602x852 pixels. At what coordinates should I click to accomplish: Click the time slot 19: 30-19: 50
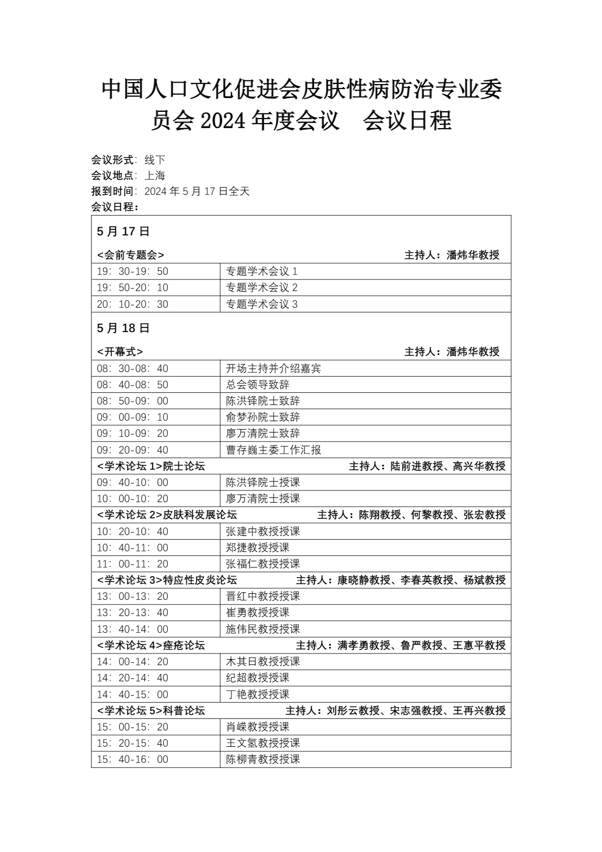click(x=133, y=271)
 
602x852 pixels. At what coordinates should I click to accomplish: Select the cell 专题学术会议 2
click(x=262, y=288)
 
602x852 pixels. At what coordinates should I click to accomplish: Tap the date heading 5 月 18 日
click(x=123, y=328)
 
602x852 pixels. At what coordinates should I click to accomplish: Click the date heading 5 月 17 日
click(x=123, y=231)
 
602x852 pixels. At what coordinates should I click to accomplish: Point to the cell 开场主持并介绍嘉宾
click(x=273, y=369)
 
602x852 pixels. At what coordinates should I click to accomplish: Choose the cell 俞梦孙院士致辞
click(x=263, y=417)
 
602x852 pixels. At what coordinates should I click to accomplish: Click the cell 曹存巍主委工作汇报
click(x=273, y=450)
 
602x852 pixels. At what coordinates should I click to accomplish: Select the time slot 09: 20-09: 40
click(x=133, y=450)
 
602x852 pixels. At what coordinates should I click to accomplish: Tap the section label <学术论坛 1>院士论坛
click(x=151, y=466)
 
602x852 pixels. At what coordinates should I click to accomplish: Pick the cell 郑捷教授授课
click(x=257, y=548)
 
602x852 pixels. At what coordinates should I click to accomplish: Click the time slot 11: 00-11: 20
click(x=133, y=564)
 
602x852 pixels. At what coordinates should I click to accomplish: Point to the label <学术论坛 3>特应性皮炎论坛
click(x=167, y=580)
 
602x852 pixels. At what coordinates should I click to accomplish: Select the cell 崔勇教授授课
click(x=257, y=613)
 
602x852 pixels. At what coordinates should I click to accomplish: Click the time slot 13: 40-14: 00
click(x=133, y=629)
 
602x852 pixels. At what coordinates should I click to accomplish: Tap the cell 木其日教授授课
click(x=263, y=662)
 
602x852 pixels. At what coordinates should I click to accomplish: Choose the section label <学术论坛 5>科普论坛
click(x=151, y=711)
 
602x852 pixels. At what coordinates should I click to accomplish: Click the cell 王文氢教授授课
click(x=263, y=743)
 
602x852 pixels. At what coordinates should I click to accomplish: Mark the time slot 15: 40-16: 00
click(x=133, y=759)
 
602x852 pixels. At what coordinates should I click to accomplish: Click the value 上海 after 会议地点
click(x=155, y=176)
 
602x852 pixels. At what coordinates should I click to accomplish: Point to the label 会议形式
click(x=112, y=160)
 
